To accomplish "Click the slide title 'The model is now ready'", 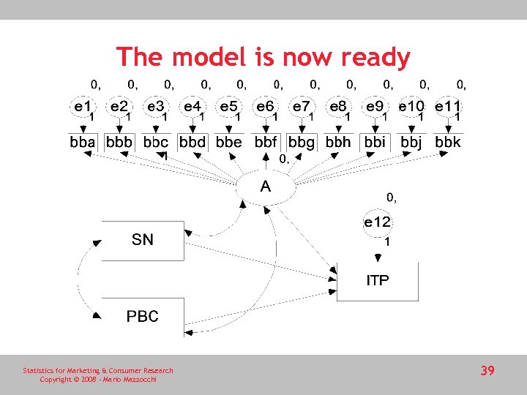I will tap(263, 57).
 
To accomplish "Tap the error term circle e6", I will tap(265, 107).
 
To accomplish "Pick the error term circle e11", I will tap(447, 107).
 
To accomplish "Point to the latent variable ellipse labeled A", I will tap(265, 187).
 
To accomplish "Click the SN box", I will tap(143, 240).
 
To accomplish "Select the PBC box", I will tap(143, 317).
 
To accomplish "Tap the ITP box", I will tap(378, 281).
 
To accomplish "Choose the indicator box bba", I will tap(83, 142).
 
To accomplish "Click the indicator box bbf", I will tap(265, 142).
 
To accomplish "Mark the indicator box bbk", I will tap(447, 142).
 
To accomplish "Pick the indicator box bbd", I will tap(193, 142).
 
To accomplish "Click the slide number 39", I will tap(487, 371).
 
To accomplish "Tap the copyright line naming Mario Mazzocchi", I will tap(97, 380).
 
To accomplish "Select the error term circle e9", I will tap(375, 107).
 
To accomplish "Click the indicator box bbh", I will tap(338, 142).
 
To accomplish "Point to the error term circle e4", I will tap(193, 107).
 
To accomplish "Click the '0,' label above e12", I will tap(392, 197).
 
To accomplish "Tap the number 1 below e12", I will tap(387, 241).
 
